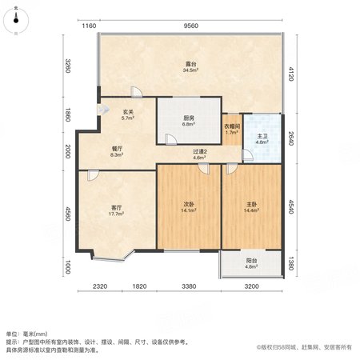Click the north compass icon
(x=16, y=21)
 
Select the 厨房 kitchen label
(x=189, y=121)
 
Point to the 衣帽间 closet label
(x=232, y=129)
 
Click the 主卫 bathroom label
(x=262, y=139)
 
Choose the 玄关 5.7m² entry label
(x=128, y=114)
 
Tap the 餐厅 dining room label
(x=117, y=151)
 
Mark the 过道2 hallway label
(x=200, y=154)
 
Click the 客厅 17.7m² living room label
(x=117, y=210)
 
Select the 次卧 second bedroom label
(x=189, y=207)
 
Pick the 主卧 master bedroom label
(x=251, y=207)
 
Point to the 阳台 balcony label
(x=251, y=263)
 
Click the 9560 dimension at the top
(x=191, y=26)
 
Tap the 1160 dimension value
(x=89, y=26)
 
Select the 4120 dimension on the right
(x=290, y=74)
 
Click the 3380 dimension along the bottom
(x=189, y=286)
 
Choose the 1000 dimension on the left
(x=68, y=267)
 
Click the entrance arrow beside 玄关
(x=103, y=109)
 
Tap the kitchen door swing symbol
(x=171, y=139)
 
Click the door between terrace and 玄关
(x=137, y=92)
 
